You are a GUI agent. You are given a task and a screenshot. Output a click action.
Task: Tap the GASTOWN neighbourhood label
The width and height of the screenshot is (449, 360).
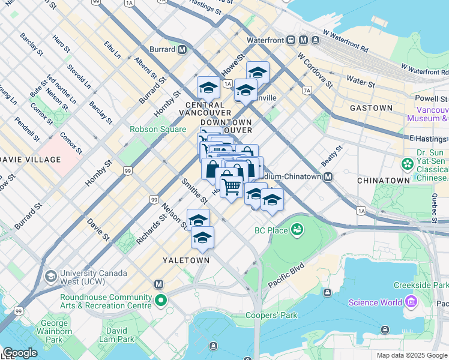click(372, 108)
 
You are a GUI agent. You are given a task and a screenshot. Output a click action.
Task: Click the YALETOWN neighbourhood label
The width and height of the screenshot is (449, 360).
click(186, 260)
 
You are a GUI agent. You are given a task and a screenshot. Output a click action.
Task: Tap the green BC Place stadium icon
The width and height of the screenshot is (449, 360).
click(295, 229)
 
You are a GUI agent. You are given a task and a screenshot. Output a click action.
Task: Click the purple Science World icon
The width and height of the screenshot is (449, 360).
click(411, 302)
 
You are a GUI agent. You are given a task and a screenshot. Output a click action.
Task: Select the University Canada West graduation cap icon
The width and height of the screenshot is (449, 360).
click(50, 277)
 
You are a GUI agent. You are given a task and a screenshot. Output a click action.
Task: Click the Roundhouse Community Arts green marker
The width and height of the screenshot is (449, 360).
click(160, 301)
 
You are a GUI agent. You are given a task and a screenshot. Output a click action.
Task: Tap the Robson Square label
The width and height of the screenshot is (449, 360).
click(152, 129)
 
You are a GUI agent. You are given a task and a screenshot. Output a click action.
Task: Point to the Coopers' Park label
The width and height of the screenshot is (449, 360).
click(271, 315)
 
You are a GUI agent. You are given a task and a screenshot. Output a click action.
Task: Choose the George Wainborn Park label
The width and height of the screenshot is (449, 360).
click(54, 331)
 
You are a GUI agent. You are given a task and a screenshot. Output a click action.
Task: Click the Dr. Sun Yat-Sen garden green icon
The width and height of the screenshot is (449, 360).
click(408, 163)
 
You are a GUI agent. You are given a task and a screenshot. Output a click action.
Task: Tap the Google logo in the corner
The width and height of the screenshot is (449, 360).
click(19, 353)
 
